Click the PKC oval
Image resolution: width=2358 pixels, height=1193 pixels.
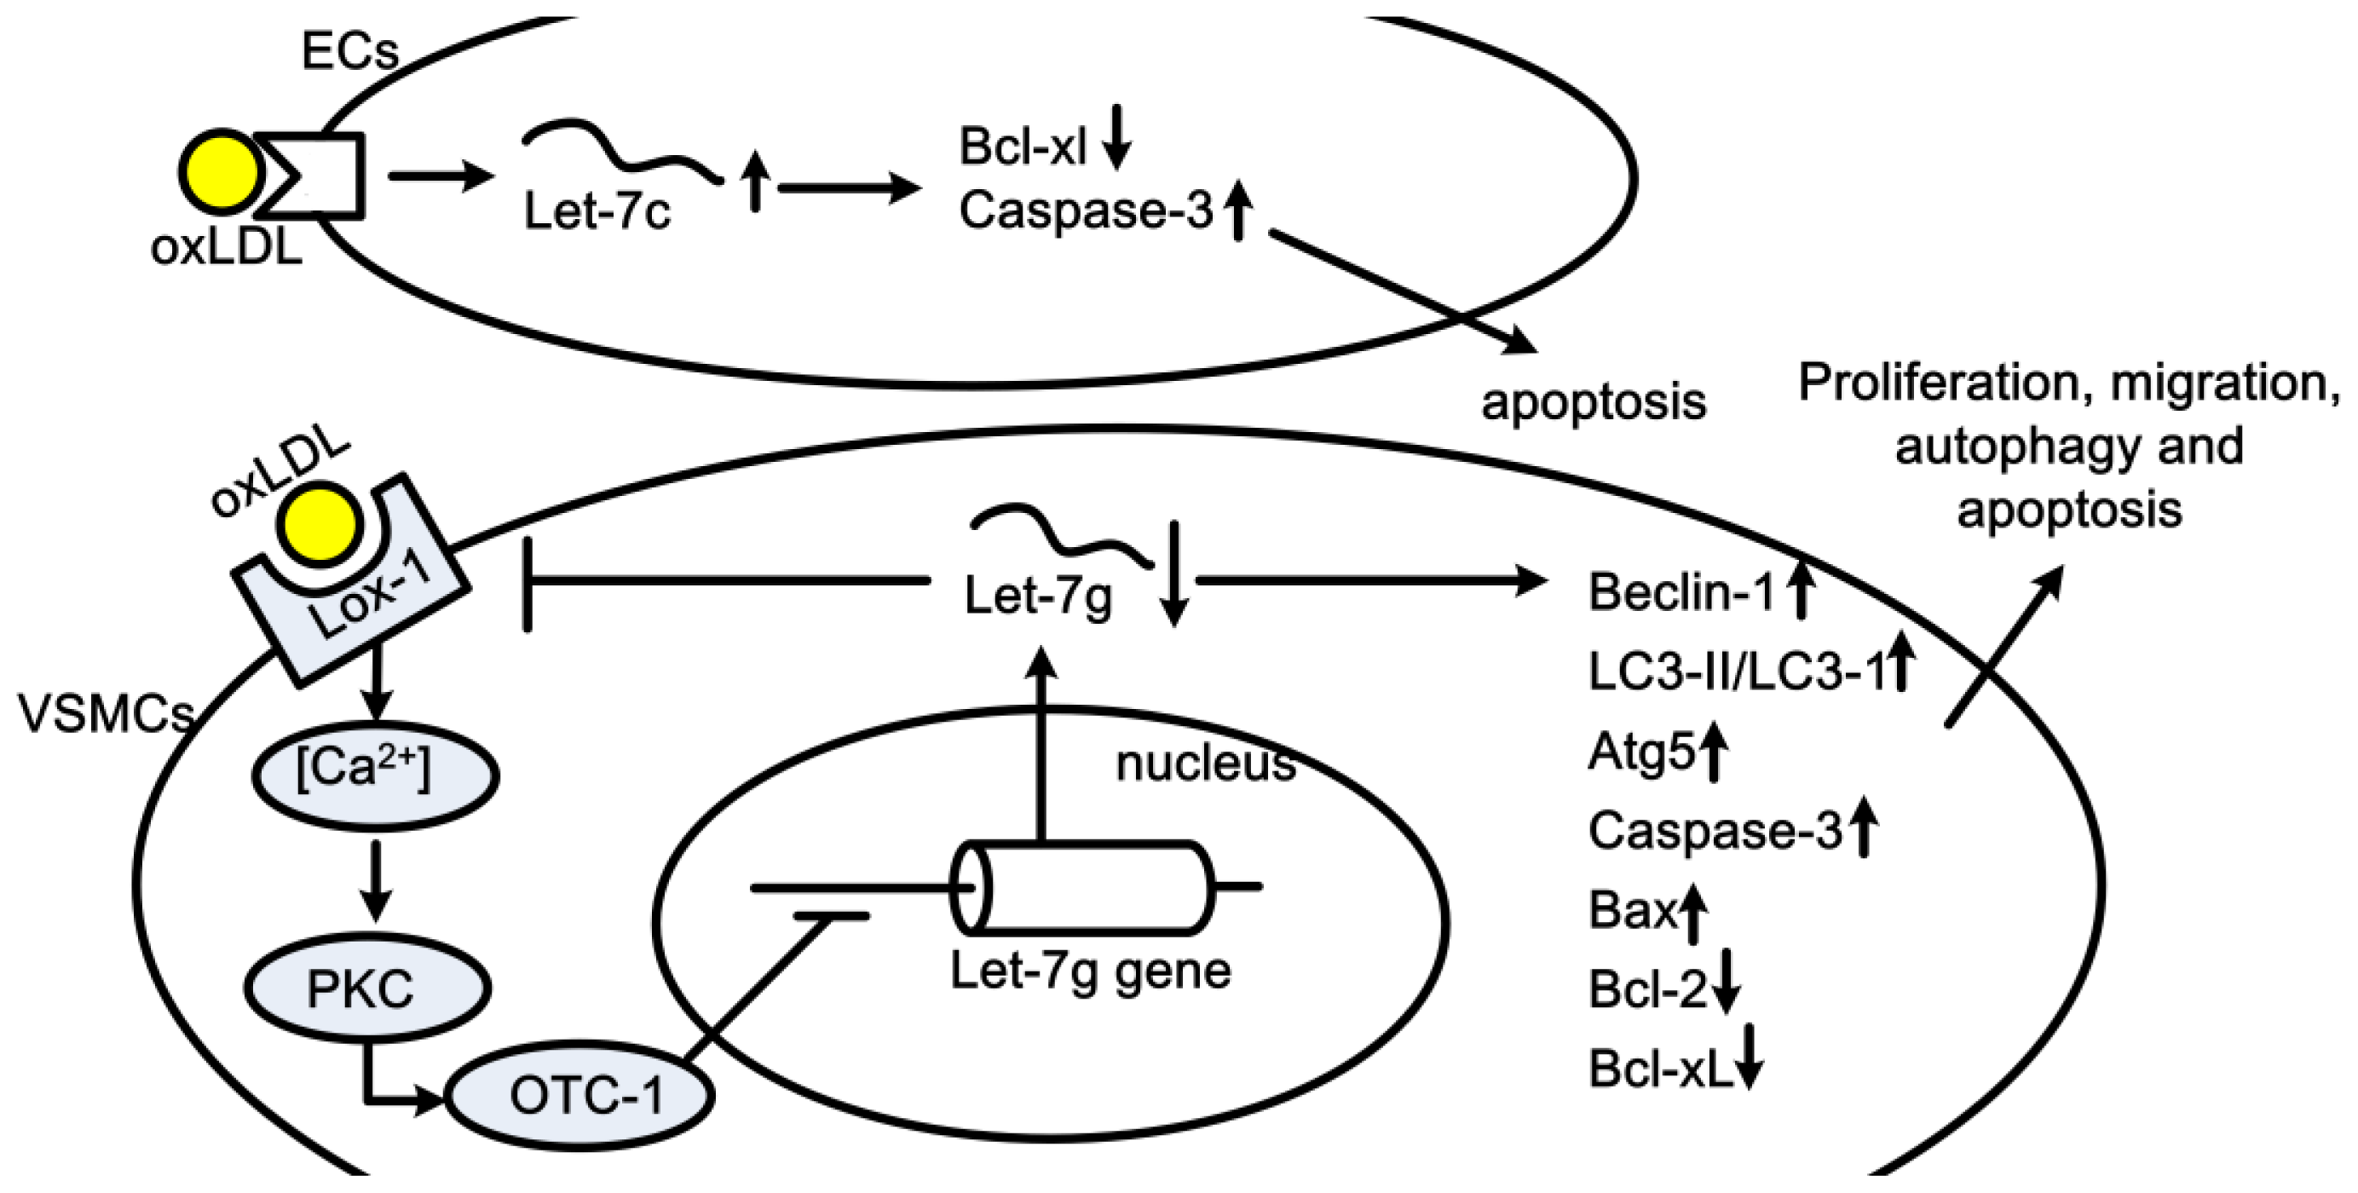367,988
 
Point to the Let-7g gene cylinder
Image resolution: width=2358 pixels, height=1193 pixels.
1084,887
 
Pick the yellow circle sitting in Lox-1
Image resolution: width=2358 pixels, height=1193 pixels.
320,527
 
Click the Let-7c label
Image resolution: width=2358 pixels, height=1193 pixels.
597,211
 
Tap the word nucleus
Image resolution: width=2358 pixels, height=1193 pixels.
1206,763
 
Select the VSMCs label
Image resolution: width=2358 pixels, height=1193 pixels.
107,712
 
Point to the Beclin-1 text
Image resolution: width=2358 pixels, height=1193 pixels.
1681,591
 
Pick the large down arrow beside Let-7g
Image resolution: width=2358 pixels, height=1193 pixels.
1174,573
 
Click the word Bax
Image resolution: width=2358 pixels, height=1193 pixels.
1633,910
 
